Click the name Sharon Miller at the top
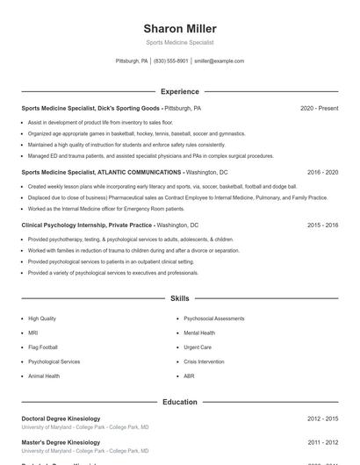click(180, 29)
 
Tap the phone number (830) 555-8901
click(171, 61)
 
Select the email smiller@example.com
click(220, 61)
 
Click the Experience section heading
click(180, 91)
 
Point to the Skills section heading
click(180, 299)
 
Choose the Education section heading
click(180, 402)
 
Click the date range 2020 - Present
click(319, 108)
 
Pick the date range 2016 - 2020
click(322, 173)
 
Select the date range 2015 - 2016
click(322, 225)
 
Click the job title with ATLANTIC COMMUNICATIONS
click(102, 173)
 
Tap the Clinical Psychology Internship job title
click(88, 225)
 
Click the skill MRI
click(33, 333)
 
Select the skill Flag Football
click(42, 347)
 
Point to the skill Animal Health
click(44, 376)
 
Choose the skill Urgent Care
click(198, 347)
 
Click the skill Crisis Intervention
click(205, 361)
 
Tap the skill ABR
click(190, 376)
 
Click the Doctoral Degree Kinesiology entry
click(61, 418)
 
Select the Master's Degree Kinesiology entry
click(61, 442)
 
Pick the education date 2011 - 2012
click(322, 442)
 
